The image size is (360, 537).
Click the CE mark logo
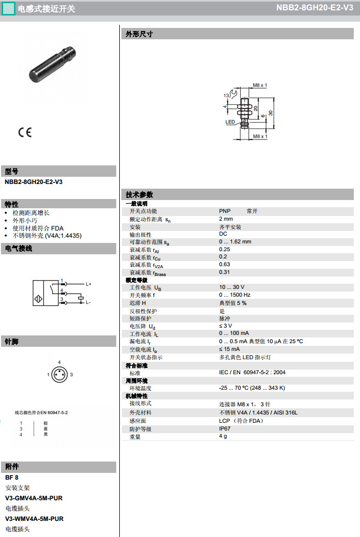pos(25,132)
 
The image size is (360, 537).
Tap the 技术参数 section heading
pos(140,195)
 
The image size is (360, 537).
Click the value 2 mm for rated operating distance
pos(226,219)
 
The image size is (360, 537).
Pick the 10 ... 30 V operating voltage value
pos(231,287)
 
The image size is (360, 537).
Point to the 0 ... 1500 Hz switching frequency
pos(234,295)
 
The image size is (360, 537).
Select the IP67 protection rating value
pos(225,428)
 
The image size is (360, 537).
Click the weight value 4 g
pos(223,436)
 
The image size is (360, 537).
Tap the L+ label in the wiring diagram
pos(88,284)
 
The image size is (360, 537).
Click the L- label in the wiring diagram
pos(88,302)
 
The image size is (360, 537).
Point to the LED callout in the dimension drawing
pos(230,122)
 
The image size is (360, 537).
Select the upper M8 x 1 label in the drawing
pos(260,85)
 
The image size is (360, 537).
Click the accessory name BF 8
pos(12,478)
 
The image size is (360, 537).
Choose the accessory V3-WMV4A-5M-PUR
pos(34,518)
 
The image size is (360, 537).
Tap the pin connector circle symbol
pos(59,374)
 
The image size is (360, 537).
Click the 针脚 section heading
pos(12,342)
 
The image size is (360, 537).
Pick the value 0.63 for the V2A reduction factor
pos(224,264)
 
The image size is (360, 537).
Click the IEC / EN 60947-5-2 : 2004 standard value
pos(252,372)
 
